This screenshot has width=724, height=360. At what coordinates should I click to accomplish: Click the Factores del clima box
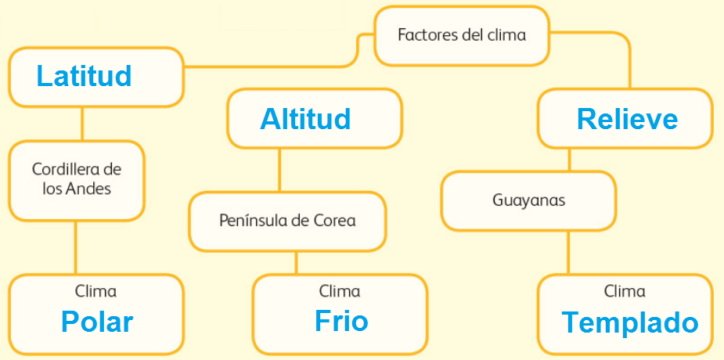461,36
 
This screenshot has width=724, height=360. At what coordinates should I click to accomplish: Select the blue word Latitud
84,76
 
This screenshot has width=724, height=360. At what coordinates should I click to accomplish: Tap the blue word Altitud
305,119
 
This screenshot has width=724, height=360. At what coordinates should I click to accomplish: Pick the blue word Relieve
627,119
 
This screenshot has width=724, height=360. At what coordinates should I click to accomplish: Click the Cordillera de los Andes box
77,179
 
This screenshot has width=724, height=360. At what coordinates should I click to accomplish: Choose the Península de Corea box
287,221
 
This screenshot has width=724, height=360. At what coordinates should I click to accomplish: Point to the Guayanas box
528,200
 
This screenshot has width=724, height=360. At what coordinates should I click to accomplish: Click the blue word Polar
97,322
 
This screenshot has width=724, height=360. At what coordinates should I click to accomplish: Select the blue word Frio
341,321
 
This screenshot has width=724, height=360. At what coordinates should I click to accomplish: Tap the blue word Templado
629,322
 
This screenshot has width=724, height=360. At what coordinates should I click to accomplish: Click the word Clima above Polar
95,292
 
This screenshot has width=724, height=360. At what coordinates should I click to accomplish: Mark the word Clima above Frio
340,292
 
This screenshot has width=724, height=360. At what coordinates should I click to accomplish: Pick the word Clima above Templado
625,292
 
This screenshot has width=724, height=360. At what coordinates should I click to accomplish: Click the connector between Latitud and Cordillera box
81,124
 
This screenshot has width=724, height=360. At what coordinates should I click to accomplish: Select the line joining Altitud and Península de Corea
279,170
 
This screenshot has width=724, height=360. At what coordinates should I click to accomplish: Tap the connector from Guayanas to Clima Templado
568,252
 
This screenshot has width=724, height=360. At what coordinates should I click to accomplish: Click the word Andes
90,189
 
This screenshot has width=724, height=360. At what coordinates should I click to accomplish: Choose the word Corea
335,221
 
